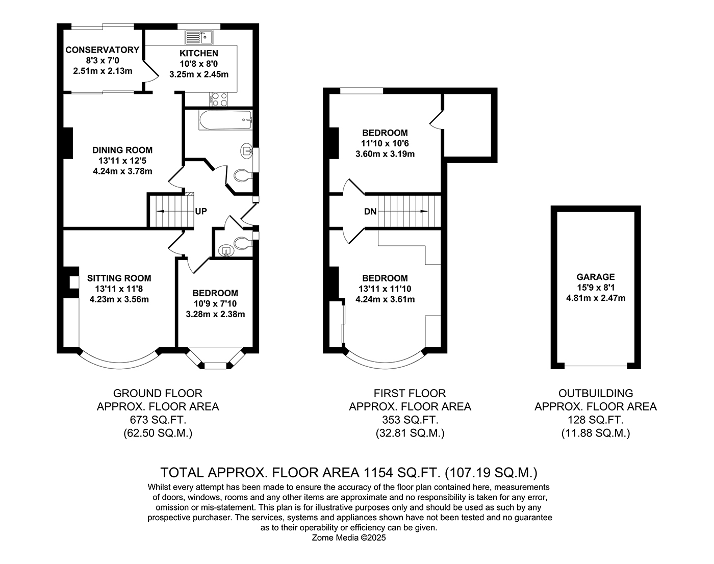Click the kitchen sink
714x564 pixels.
pos(199,37)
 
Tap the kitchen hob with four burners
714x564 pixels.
pos(219,99)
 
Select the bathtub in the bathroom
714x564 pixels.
pos(225,120)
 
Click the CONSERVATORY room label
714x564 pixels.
pos(103,50)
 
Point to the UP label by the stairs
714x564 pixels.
pos(201,211)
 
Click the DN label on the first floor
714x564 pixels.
pos(370,211)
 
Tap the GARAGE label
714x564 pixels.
pos(596,277)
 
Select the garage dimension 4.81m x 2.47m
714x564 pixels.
pos(596,298)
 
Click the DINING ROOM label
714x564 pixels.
pos(122,150)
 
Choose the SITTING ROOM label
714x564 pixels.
pos(119,278)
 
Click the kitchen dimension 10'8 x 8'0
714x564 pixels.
pos(199,64)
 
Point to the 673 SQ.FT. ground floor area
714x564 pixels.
pos(158,420)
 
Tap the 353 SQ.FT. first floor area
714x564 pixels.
pos(410,420)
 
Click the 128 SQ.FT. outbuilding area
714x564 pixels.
pos(596,420)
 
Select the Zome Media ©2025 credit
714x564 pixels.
pos(349,537)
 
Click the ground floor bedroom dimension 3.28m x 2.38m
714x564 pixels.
pos(215,314)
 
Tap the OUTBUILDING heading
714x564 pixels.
pos(596,394)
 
